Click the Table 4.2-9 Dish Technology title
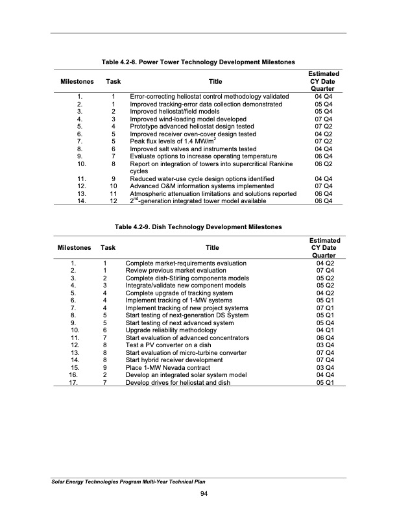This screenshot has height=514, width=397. pos(198,226)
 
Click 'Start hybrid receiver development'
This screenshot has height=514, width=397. pos(177,359)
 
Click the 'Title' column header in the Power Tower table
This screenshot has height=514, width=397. pos(213,82)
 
